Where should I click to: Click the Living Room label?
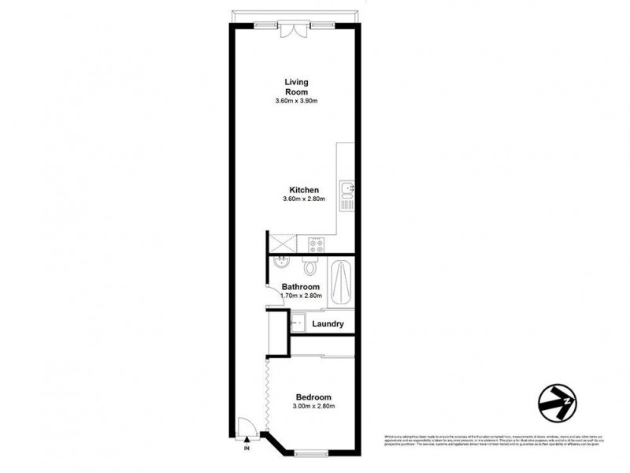point(296,87)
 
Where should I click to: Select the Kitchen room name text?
point(303,190)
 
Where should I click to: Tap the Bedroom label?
point(313,397)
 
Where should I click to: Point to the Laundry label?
point(328,324)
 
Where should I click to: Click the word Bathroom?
point(300,286)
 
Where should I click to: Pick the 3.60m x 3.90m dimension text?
point(296,102)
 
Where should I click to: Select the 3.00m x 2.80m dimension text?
point(313,407)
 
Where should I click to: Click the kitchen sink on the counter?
point(347,189)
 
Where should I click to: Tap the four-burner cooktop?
point(317,244)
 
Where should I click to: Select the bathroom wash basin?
point(281,265)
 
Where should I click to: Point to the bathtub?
point(343,282)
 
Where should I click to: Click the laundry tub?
point(298,323)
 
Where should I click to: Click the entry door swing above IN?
point(246,428)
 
